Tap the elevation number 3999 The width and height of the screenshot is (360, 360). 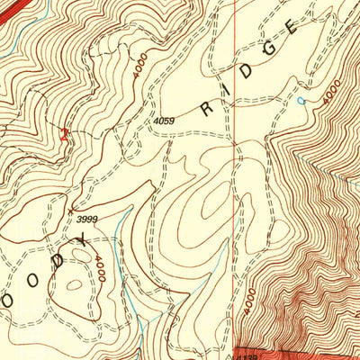[87, 219]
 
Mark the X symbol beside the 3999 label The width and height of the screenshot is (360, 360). [71, 211]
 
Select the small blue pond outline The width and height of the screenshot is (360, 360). [301, 101]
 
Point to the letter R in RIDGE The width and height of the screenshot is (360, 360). [208, 109]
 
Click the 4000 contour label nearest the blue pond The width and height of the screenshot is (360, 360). [331, 93]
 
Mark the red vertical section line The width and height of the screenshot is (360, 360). [235, 180]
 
